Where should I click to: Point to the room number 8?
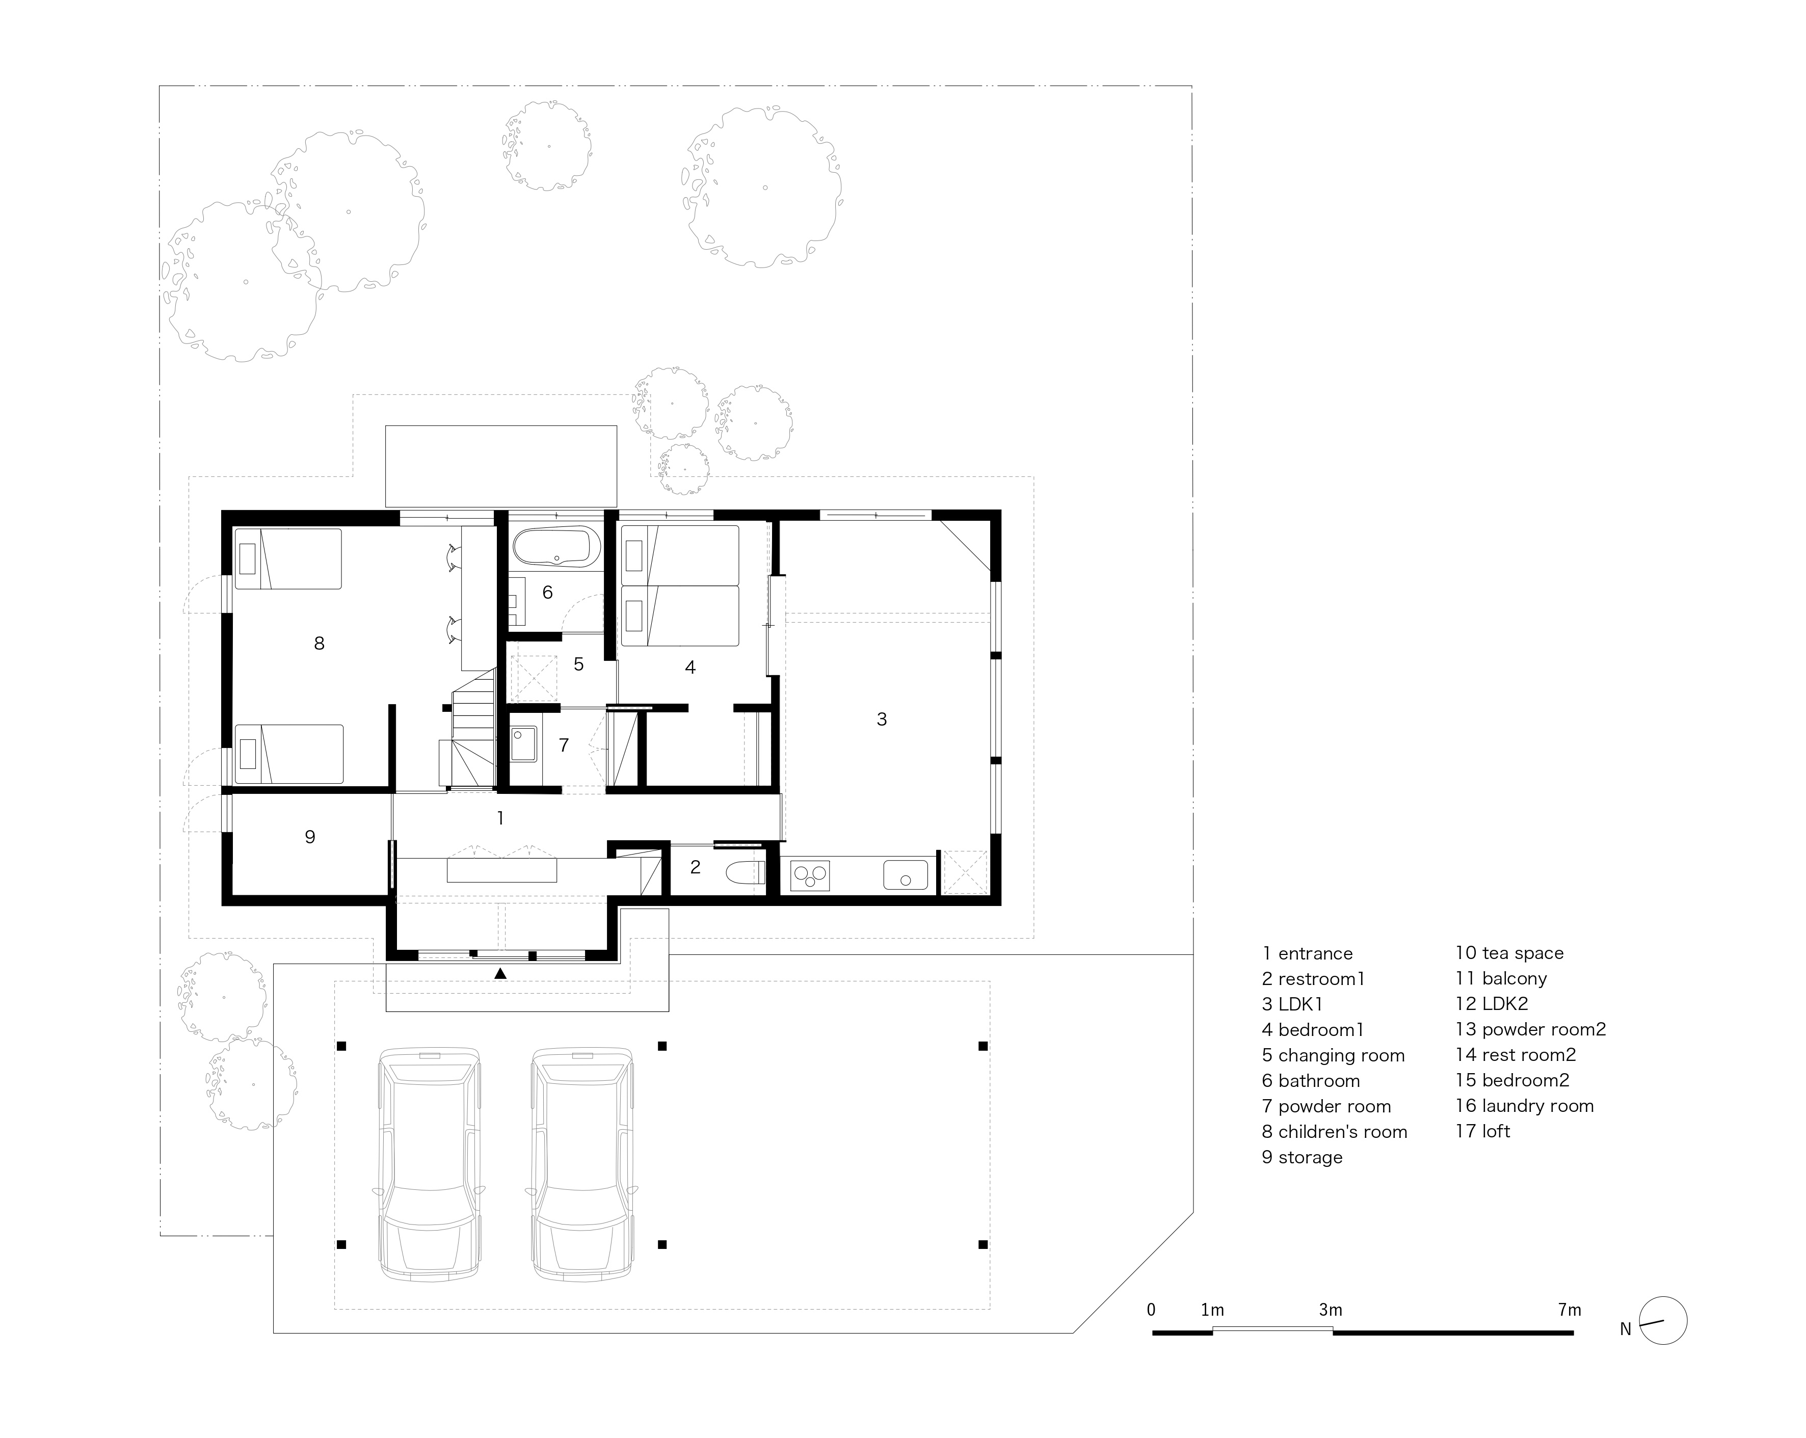319,643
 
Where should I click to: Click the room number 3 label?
881,718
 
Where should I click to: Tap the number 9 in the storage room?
310,837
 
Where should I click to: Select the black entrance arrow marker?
500,973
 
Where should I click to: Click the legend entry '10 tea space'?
1509,953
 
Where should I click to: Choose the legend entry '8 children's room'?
1335,1131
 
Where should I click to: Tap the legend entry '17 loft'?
1482,1131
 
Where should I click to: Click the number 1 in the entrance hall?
500,817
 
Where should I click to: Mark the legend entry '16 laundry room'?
1525,1106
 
